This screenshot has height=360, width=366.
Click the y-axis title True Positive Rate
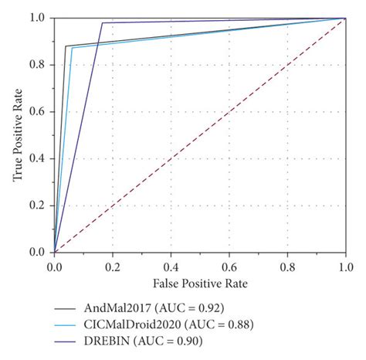pos(17,134)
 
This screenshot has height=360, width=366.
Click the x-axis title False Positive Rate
pos(199,284)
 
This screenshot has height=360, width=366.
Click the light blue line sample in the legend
pos(65,324)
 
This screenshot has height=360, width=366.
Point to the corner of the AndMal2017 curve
pos(66,46)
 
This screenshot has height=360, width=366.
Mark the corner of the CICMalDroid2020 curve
pos(72,48)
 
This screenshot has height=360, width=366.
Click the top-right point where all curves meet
pos(345,18)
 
